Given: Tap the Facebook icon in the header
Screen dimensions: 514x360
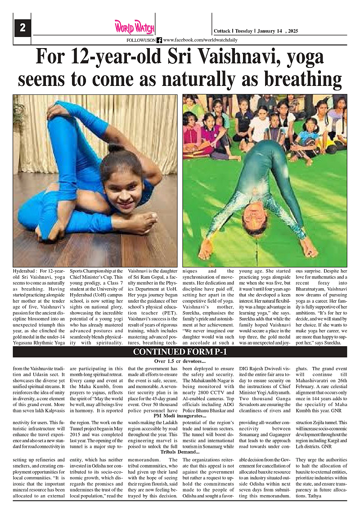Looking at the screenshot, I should [x=159, y=40].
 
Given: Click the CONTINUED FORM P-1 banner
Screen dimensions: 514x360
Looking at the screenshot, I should [x=180, y=351].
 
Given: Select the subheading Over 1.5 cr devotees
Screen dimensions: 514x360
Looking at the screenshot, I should [x=180, y=361].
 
